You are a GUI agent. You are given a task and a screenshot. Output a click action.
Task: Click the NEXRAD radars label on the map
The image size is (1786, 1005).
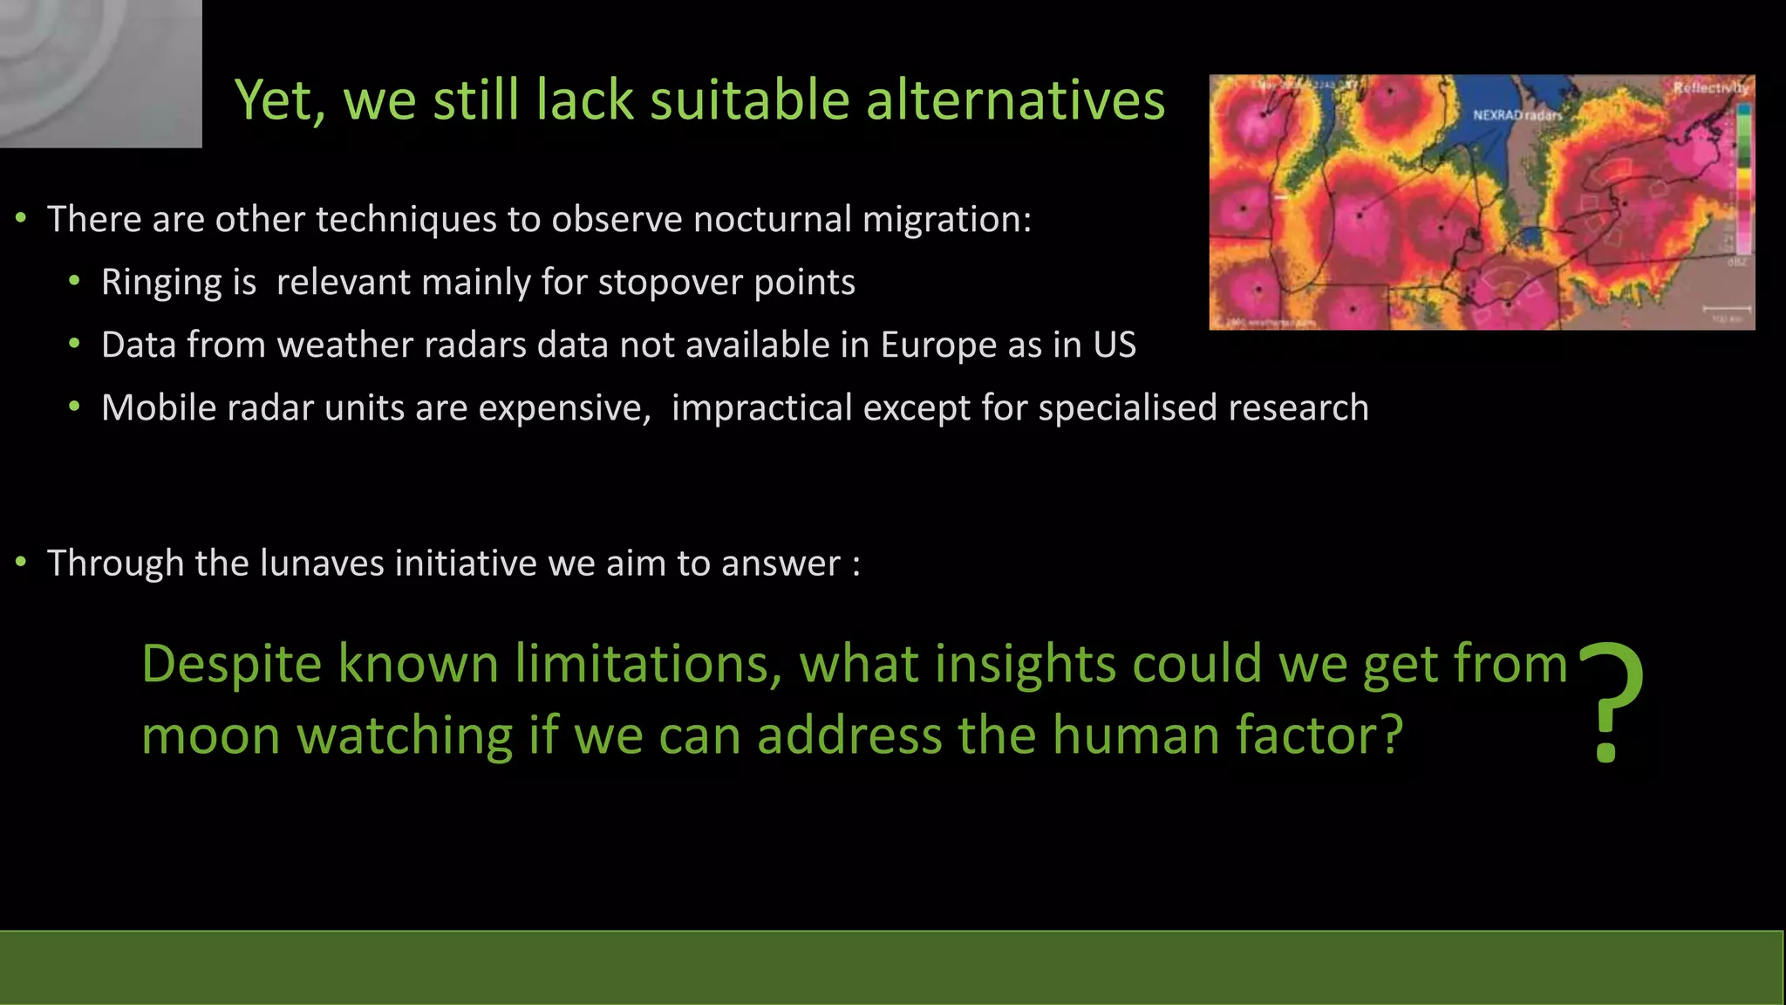(x=1517, y=115)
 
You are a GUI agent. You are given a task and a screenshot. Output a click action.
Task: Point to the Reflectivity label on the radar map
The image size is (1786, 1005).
(x=1710, y=87)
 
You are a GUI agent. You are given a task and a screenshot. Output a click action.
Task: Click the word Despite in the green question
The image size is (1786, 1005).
(x=232, y=665)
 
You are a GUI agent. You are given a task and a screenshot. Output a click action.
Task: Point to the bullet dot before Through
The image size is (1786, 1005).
(x=21, y=564)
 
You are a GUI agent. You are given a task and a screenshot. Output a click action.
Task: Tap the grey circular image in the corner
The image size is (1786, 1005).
(x=100, y=73)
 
